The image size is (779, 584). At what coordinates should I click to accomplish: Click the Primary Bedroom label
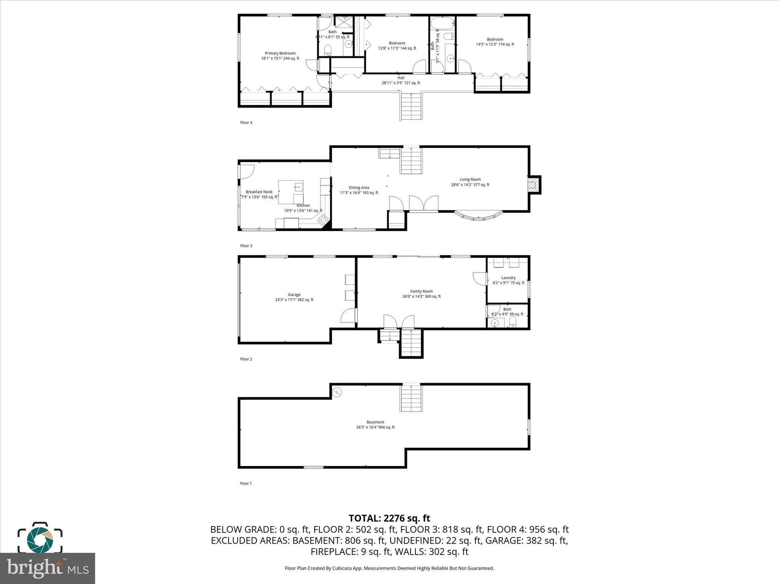coord(280,54)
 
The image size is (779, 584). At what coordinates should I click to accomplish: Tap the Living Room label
coord(470,179)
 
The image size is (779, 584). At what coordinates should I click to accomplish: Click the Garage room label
coord(294,295)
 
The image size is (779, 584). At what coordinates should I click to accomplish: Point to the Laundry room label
coord(508,278)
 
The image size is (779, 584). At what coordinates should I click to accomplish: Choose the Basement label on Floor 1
coord(375,422)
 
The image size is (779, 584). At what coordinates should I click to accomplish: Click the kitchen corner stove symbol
coord(323,219)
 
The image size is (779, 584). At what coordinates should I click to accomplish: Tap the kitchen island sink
coord(299,186)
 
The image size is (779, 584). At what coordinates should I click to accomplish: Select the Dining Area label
coord(359,187)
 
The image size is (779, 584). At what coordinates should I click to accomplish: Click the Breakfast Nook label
coord(259,192)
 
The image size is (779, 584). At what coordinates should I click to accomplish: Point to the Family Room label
coord(421,292)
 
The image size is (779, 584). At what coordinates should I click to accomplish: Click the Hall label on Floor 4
coord(401,78)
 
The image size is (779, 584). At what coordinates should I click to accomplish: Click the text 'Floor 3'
coord(246,246)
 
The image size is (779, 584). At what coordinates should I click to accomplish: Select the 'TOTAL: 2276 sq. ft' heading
coord(389,518)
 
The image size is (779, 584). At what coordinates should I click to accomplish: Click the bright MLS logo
coord(48,568)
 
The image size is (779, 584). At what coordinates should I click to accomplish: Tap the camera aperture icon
coord(40,539)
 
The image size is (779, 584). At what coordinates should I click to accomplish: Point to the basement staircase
coord(411,398)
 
